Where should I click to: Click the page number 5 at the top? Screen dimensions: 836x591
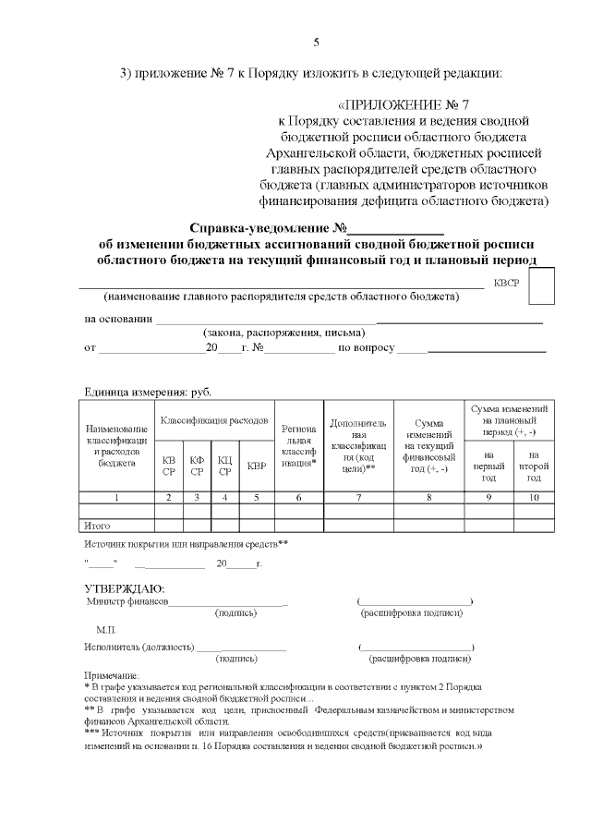coord(317,42)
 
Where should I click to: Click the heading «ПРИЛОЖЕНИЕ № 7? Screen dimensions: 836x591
coord(411,103)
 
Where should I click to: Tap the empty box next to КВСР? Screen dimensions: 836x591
coord(541,285)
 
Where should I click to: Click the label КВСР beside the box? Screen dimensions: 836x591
coord(507,285)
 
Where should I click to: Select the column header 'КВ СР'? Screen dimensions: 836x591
coord(168,465)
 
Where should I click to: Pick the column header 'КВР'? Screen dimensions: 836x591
coord(257,465)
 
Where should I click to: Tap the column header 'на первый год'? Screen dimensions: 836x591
coord(488,466)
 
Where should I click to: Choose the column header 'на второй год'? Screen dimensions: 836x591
coord(534,466)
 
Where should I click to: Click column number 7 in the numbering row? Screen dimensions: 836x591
coord(358,498)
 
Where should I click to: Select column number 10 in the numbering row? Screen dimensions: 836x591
coord(534,498)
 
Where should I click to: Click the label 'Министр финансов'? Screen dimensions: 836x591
coord(127,601)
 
